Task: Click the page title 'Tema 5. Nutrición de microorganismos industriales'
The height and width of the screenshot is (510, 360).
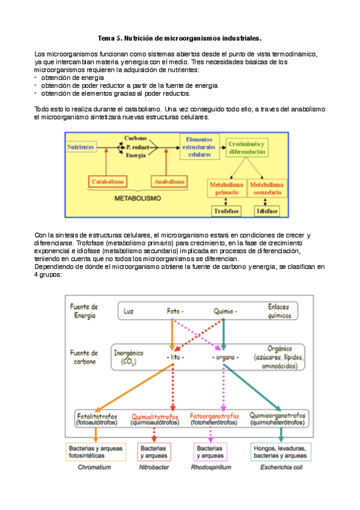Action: point(180,37)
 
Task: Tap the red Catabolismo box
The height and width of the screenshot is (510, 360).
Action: point(108,181)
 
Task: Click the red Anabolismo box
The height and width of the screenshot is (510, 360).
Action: point(169,181)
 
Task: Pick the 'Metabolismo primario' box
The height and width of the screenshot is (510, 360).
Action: point(226,188)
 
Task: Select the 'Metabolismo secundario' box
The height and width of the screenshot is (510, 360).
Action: point(267,188)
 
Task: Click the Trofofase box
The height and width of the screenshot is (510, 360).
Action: point(226,212)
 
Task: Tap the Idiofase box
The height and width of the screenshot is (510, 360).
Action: point(267,212)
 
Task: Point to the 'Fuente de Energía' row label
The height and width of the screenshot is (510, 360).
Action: point(84,310)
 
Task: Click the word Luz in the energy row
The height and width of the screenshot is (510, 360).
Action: point(128,312)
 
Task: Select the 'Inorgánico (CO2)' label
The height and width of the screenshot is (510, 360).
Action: point(128,358)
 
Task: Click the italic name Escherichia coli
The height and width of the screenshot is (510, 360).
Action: point(278,467)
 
